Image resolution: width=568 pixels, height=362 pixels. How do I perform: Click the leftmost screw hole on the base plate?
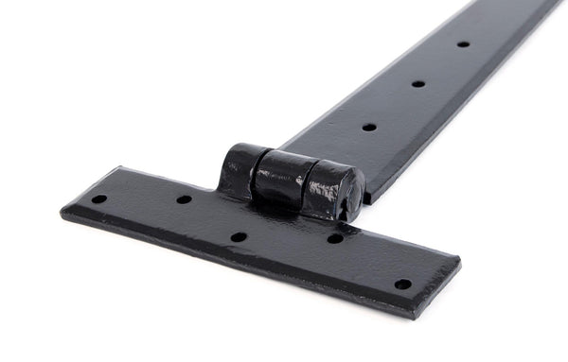(x=98, y=199)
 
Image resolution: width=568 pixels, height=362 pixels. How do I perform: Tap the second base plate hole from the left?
(x=184, y=199)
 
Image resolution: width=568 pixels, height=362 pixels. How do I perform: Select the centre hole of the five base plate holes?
(x=239, y=237)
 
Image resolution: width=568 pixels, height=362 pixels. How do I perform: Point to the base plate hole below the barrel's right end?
(x=335, y=238)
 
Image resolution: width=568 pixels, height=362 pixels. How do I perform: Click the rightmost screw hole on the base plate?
(x=402, y=284)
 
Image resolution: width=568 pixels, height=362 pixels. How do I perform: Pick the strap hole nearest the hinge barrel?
(x=368, y=127)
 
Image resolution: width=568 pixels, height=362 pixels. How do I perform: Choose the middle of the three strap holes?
(x=417, y=84)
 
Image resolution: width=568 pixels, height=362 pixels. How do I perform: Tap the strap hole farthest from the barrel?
(x=463, y=43)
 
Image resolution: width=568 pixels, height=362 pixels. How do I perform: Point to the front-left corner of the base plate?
(x=65, y=215)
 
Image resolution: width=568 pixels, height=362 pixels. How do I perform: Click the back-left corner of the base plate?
(x=121, y=169)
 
